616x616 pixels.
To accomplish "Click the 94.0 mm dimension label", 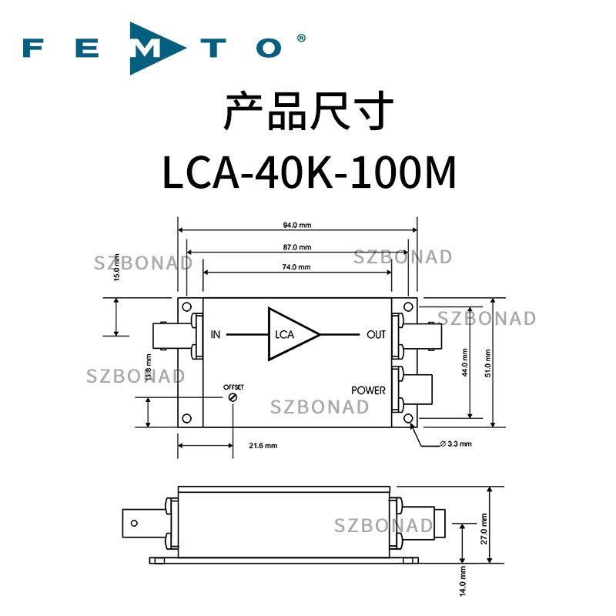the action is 297,225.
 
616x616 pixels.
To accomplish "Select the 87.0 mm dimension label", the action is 297,247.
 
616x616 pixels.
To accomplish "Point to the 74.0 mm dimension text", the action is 296,267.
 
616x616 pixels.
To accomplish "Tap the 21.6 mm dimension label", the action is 263,446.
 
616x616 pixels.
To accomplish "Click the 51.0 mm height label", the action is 488,363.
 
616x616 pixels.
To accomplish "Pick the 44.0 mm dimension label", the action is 465,362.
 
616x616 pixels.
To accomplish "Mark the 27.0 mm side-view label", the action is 484,529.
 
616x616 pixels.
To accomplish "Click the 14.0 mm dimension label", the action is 463,581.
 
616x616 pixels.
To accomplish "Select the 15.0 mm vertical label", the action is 116,267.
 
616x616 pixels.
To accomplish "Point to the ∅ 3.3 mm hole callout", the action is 456,444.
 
